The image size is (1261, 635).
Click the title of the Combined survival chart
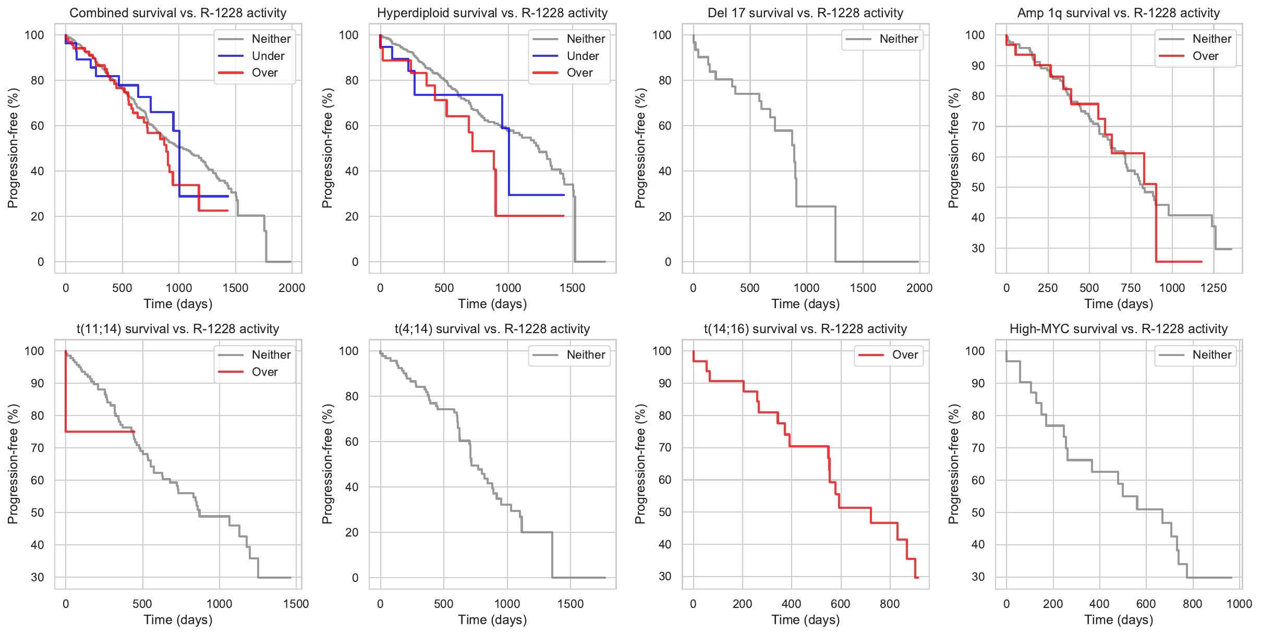[178, 13]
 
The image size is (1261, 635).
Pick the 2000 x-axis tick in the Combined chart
[292, 288]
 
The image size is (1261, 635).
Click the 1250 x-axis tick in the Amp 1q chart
[1214, 288]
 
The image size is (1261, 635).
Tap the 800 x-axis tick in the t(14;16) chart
[890, 604]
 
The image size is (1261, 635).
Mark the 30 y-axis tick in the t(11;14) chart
[38, 577]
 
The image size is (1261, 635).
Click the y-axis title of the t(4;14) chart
[327, 464]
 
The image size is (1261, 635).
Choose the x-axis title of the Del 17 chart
[805, 304]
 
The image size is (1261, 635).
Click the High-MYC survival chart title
[1119, 329]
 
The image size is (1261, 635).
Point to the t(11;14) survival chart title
[178, 329]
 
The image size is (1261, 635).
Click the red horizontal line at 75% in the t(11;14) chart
[99, 432]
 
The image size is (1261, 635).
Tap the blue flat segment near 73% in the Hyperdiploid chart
[459, 95]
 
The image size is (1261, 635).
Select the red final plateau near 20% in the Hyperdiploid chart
[529, 216]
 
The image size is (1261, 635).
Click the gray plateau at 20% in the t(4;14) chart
[537, 532]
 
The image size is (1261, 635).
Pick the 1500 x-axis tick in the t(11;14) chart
[296, 604]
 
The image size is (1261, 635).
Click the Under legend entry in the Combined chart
[268, 56]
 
